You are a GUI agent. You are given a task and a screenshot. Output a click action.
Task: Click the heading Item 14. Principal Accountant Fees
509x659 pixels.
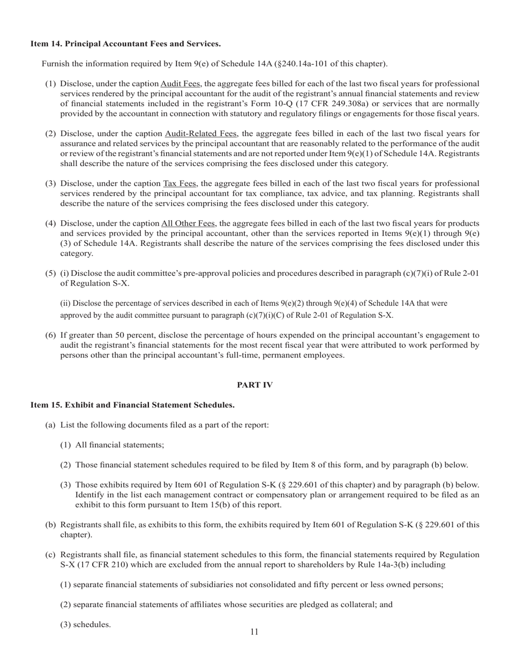click(125, 43)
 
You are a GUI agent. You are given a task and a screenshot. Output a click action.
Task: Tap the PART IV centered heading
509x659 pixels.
click(254, 385)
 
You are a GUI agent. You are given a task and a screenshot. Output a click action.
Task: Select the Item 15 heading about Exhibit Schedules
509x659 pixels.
click(132, 405)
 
